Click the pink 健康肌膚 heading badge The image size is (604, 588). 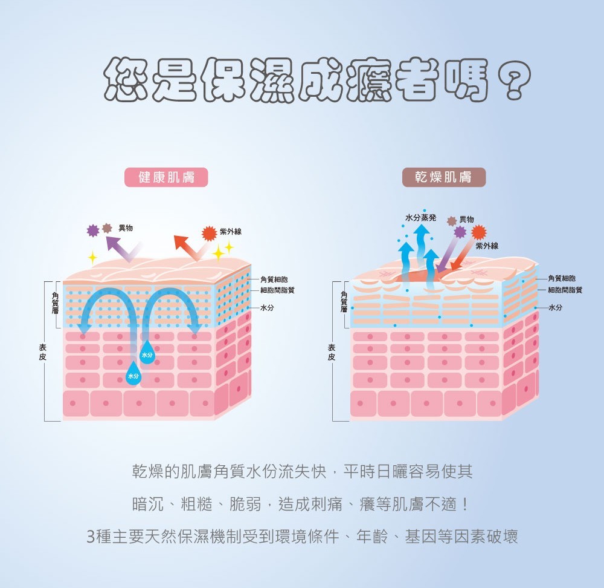[165, 177]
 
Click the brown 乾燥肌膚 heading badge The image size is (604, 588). [443, 177]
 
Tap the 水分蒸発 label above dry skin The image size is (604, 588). [420, 217]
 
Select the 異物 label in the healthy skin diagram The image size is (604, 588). [126, 228]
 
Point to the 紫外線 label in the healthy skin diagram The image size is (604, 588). [231, 232]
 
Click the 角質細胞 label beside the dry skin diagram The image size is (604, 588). [561, 278]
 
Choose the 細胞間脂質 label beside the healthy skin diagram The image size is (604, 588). [277, 290]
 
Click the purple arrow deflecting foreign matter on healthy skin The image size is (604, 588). [123, 247]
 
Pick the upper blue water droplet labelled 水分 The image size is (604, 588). [147, 354]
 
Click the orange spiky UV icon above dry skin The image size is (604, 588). [478, 232]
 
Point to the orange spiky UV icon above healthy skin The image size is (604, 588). [209, 233]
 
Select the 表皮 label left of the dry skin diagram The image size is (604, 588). [332, 351]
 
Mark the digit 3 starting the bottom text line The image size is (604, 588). [91, 537]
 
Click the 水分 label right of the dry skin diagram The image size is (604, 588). [556, 307]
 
